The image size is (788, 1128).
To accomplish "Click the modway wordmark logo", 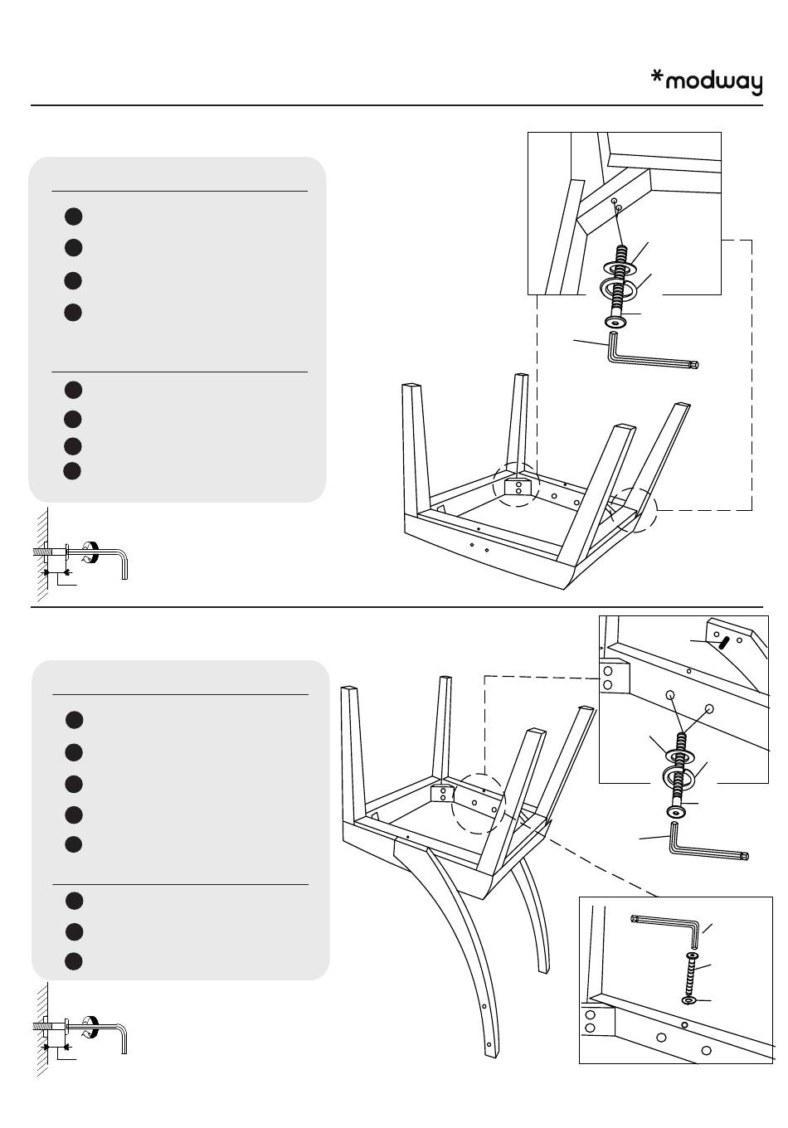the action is (707, 82).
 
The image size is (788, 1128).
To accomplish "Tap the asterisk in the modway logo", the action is (657, 76).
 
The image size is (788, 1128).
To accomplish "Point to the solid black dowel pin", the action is (724, 643).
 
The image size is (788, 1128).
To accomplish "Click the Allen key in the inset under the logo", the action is (649, 358).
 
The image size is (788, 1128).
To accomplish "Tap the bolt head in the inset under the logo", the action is (615, 321).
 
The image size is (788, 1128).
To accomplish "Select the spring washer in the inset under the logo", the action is (618, 289).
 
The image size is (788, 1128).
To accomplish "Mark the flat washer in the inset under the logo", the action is (618, 267).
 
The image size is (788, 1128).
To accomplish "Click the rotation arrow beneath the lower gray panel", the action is (91, 1023).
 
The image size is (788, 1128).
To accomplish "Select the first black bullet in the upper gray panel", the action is (74, 216).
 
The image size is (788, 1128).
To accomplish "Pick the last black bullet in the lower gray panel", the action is (74, 960).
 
